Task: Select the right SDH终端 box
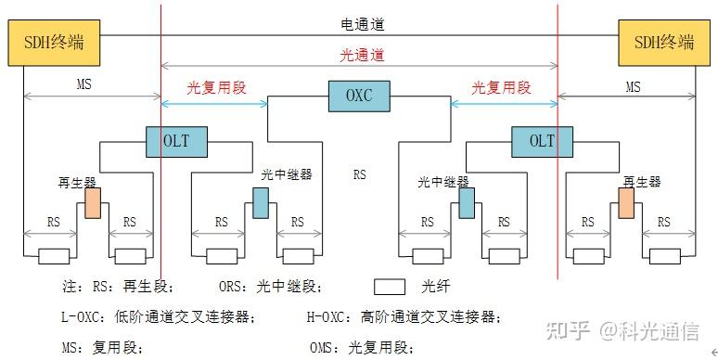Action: point(663,43)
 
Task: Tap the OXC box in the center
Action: point(359,95)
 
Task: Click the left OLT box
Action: point(177,141)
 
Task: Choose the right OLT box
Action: point(542,141)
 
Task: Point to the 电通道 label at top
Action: point(359,24)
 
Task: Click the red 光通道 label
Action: point(359,55)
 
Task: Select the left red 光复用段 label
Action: point(216,88)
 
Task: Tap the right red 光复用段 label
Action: point(501,88)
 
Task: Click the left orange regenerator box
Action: point(93,203)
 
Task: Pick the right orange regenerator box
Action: point(626,203)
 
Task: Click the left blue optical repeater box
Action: point(261,202)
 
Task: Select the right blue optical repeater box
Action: point(467,202)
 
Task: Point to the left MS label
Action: point(84,85)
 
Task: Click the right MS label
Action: point(633,86)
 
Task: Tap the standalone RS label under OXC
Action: point(359,174)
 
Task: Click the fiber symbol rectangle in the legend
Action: point(391,287)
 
